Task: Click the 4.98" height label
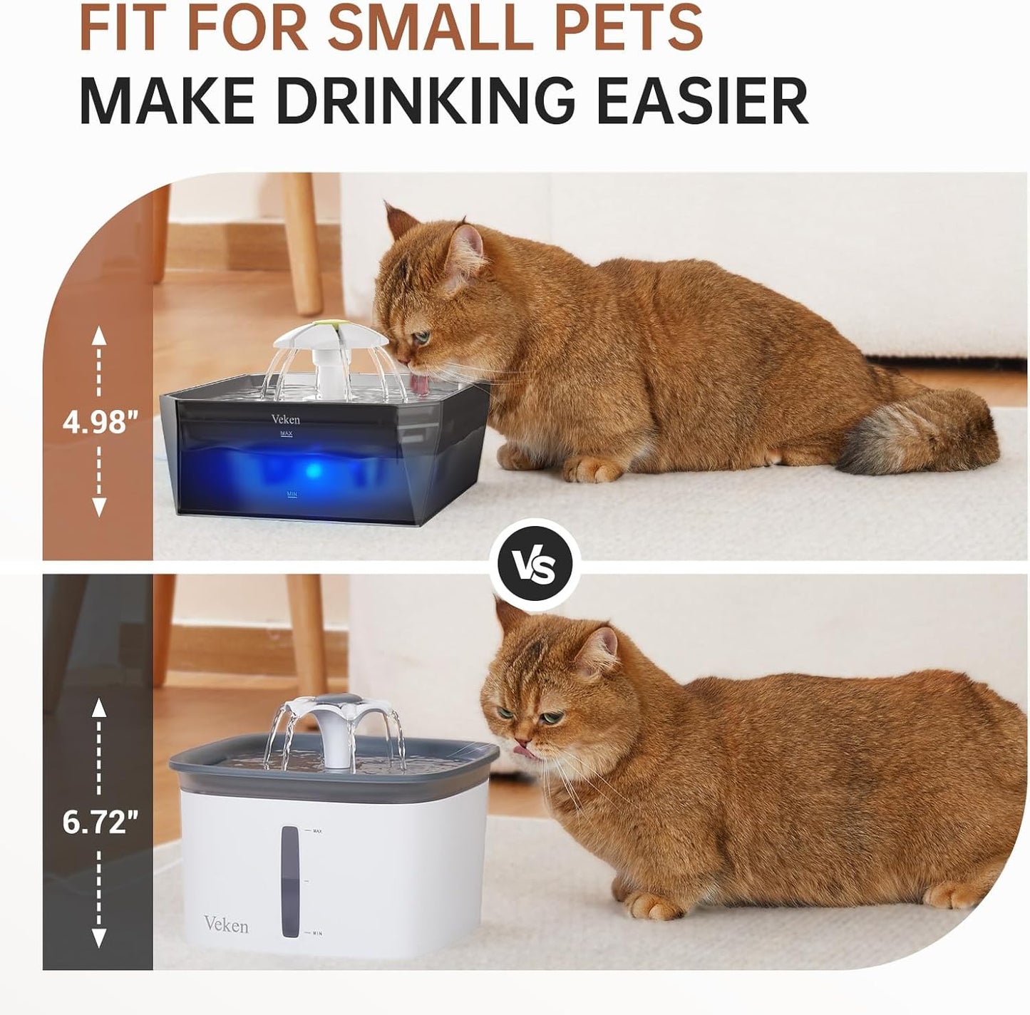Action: [x=99, y=422]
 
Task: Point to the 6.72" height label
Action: [x=99, y=823]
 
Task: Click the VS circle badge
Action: [x=539, y=565]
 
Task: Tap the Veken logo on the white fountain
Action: [x=226, y=925]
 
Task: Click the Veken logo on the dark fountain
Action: [x=285, y=419]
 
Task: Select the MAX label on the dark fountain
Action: [x=288, y=433]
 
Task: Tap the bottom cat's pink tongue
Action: [x=524, y=749]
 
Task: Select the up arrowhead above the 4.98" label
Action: [x=99, y=334]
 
